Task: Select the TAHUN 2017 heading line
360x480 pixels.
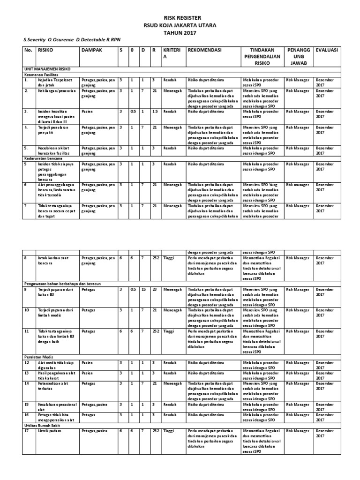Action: pos(180,33)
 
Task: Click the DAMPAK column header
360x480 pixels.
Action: pos(91,50)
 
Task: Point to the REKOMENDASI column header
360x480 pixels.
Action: pos(205,50)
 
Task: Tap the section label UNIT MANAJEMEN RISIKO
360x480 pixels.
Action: pos(47,68)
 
